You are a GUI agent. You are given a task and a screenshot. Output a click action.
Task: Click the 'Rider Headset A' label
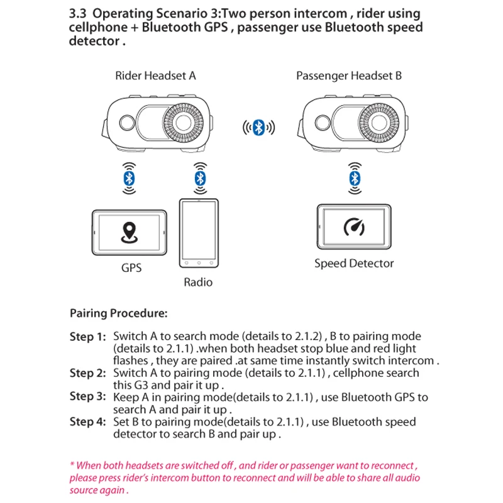point(155,76)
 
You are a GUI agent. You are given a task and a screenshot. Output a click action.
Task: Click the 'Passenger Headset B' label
point(349,76)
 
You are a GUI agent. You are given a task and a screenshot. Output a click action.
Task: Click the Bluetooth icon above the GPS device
point(129,179)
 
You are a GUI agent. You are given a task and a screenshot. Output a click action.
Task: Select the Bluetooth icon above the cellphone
point(200,179)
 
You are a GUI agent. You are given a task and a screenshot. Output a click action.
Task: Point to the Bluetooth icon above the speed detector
point(355,179)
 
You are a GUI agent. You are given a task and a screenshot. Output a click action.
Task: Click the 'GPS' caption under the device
point(131,268)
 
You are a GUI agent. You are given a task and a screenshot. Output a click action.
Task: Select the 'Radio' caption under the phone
point(198,282)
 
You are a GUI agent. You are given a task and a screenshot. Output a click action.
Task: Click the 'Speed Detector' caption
point(354,263)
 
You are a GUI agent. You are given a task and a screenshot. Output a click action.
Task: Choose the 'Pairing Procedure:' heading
point(118,312)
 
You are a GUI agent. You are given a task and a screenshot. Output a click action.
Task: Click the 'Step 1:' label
point(87,337)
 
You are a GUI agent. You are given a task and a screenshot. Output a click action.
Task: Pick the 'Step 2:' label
point(87,373)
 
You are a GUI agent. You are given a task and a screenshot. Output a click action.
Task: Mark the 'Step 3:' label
point(87,397)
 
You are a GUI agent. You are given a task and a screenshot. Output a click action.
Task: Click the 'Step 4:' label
point(87,422)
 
